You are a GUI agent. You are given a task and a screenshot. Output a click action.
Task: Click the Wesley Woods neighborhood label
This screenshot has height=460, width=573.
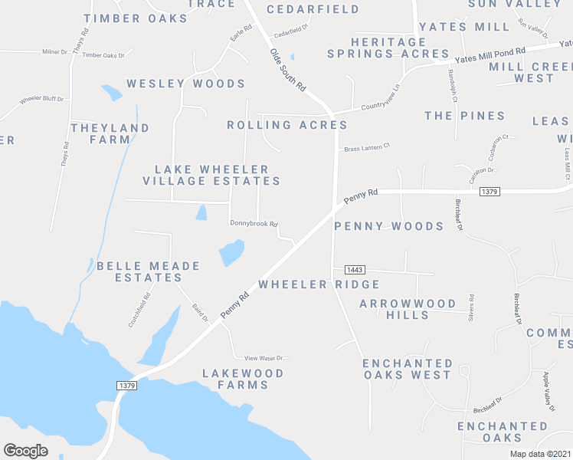tap(185, 84)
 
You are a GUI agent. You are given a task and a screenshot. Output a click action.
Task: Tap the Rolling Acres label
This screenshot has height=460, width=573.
tap(287, 125)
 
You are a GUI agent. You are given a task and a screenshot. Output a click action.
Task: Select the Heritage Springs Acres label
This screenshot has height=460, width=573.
tap(388, 48)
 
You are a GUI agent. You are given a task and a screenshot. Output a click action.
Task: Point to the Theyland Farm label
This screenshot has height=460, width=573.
tap(110, 133)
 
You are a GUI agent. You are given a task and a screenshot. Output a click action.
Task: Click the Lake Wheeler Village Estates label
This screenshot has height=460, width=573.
tap(211, 175)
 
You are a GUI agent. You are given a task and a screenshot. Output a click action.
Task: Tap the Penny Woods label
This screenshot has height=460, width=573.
tap(388, 226)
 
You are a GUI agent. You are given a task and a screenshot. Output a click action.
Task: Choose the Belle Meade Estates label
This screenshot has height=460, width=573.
tap(148, 271)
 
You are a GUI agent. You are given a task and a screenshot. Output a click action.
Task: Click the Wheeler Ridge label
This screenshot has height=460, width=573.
tap(319, 284)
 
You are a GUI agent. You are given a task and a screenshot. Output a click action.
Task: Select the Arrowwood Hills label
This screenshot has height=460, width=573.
tap(408, 309)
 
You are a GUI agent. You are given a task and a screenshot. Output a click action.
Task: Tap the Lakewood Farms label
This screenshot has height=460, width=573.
tap(243, 379)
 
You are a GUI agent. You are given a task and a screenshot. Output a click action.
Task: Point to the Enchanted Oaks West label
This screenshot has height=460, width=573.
tap(407, 369)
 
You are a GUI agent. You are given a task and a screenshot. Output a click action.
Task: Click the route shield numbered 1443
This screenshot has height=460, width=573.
tap(354, 270)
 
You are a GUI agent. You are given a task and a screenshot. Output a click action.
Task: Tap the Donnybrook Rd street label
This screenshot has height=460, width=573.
tap(254, 224)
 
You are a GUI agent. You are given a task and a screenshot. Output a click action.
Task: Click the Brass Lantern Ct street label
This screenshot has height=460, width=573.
tap(367, 148)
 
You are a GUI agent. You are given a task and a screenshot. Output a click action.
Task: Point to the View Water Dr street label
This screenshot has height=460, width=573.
tap(264, 358)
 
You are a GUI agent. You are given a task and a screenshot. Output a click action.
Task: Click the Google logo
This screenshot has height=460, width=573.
tap(26, 451)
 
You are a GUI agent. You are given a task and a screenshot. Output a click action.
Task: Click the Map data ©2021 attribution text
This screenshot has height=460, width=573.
tap(540, 454)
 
